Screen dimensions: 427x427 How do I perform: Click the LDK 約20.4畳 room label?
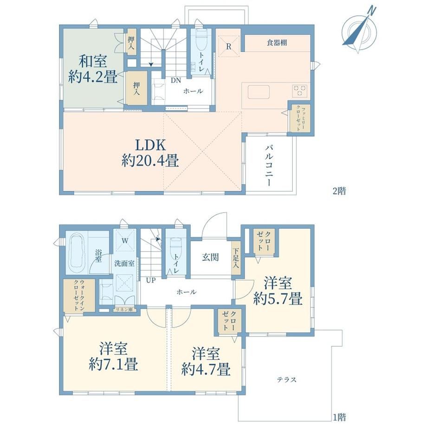pos(150,153)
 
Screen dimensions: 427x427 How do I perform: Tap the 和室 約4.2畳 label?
pos(92,69)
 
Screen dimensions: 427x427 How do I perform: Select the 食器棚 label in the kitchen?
pos(277,43)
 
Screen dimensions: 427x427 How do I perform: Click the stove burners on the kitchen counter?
pos(299,91)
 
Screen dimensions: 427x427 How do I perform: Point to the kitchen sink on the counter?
pos(259,92)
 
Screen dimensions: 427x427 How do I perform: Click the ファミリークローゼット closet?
pos(299,118)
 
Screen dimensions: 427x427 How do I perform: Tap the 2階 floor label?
pos(339,191)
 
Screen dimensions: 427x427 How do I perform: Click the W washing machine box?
pos(125,241)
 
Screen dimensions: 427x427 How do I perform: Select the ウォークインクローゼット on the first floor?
pos(79,296)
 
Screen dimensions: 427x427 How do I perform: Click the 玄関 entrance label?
pos(210,257)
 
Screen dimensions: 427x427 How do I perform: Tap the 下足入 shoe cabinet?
pos(236,258)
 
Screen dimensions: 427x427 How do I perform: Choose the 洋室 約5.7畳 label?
pos(278,291)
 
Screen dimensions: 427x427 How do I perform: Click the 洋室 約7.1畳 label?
pos(113,356)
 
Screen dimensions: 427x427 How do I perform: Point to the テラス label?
pos(286,379)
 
